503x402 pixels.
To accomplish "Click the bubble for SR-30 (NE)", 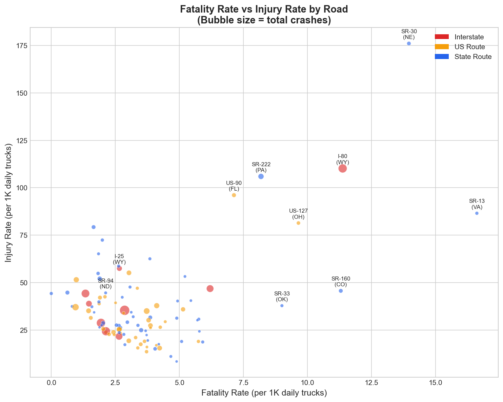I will pos(409,43).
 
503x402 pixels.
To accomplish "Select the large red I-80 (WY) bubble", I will pos(343,168).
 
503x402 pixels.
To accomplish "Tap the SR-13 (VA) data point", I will pos(477,213).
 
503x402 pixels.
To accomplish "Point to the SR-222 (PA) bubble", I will pos(261,176).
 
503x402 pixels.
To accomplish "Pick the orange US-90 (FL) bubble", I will pos(234,195).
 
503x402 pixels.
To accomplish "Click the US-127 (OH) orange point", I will pos(298,223).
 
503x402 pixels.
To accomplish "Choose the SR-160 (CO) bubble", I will pos(341,291).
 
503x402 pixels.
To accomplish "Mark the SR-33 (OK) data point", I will pos(282,306).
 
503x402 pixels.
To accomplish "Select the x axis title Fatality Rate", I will pos(264,393).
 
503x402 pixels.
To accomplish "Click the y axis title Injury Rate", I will pos(9,203).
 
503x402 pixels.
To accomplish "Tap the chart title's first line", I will pos(264,9).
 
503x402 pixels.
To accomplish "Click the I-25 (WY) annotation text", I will pos(119,259).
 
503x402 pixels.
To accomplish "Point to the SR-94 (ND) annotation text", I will pos(106,283).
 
